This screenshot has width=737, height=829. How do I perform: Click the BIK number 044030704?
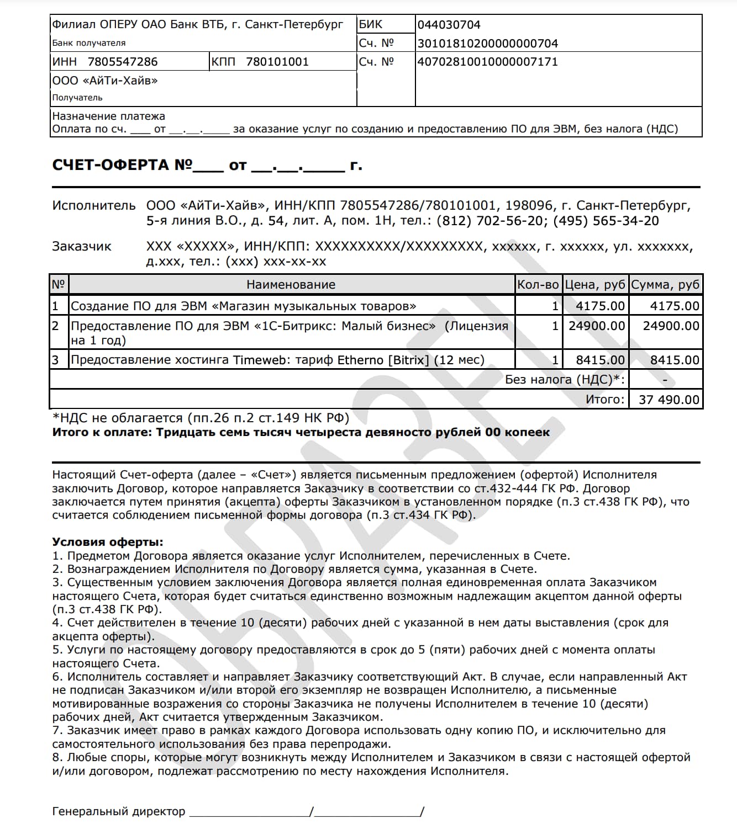tap(449, 25)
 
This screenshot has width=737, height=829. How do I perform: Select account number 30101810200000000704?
tap(487, 44)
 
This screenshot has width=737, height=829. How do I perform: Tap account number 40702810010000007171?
tap(487, 62)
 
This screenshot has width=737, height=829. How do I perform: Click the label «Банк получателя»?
tap(89, 43)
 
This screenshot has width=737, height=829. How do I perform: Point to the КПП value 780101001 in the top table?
tap(277, 62)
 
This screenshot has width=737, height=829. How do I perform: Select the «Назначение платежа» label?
tap(108, 116)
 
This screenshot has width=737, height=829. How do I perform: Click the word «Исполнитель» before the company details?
tap(93, 206)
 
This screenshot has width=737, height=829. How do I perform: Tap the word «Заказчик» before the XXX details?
tap(82, 247)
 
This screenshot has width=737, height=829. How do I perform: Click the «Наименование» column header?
tap(291, 285)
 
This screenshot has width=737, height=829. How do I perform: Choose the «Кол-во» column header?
tap(538, 285)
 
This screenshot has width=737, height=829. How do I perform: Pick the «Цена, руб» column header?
tap(595, 285)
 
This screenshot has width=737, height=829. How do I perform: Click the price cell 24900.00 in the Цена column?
tap(597, 326)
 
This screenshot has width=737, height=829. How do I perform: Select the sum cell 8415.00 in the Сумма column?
tap(675, 360)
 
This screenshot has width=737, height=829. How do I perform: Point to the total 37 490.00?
tap(668, 400)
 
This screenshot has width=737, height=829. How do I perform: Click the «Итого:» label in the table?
tap(605, 400)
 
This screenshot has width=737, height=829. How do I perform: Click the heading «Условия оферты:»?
tap(108, 542)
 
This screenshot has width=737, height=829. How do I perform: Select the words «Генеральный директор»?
tap(119, 811)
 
